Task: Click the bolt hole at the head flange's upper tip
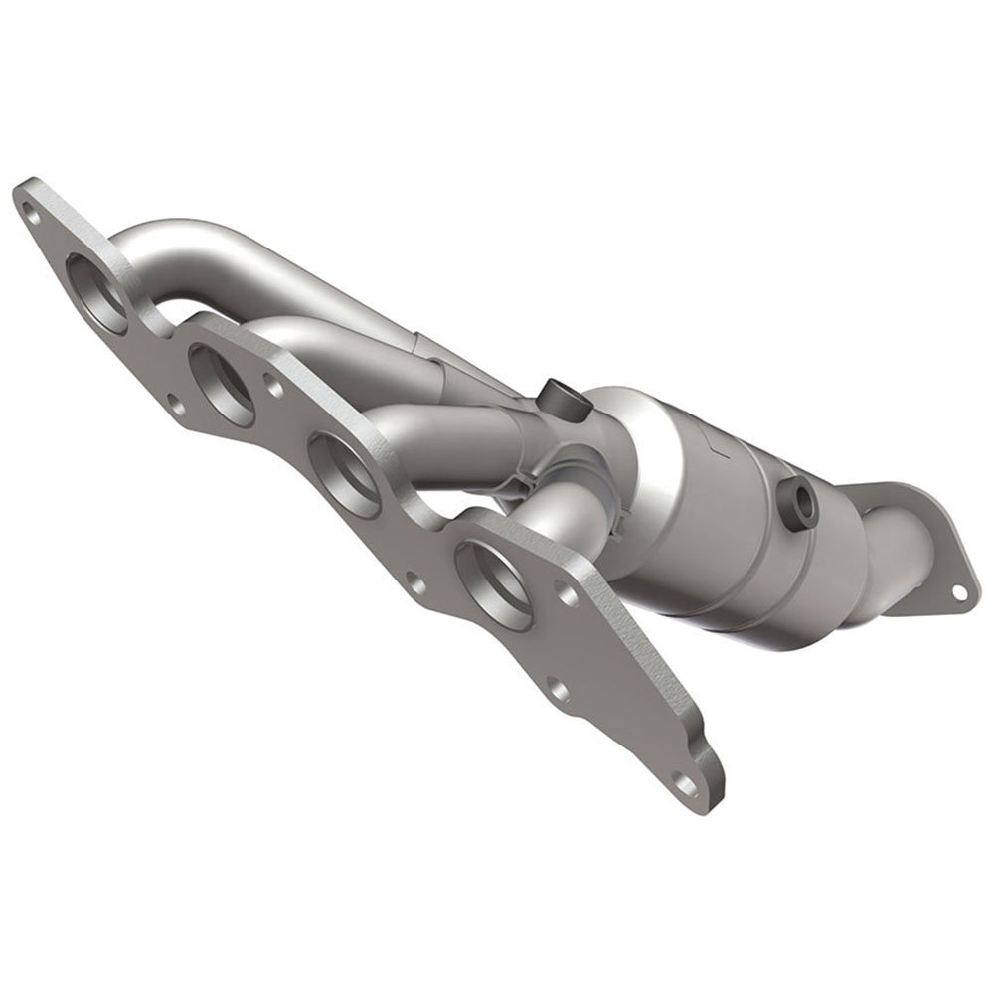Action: pyautogui.click(x=32, y=209)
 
